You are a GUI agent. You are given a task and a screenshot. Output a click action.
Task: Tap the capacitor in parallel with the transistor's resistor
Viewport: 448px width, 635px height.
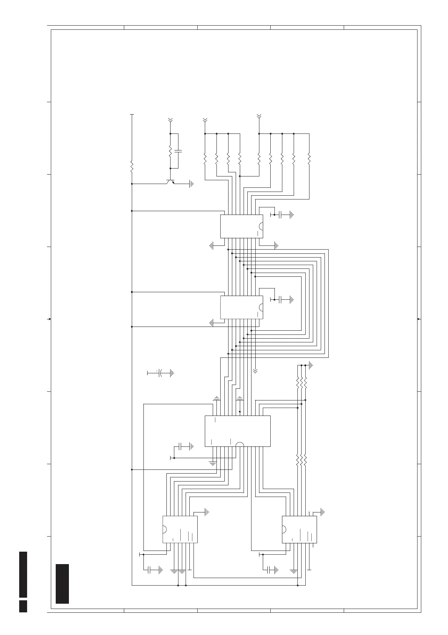pyautogui.click(x=178, y=151)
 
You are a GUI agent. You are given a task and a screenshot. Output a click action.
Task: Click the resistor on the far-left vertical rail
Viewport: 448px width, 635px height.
pyautogui.click(x=132, y=166)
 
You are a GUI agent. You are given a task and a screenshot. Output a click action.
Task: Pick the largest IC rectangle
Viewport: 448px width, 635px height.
pyautogui.click(x=237, y=431)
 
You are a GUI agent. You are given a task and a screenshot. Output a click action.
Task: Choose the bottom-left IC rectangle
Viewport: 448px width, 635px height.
pyautogui.click(x=180, y=529)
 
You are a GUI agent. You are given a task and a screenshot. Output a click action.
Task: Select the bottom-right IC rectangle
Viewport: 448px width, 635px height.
pyautogui.click(x=299, y=529)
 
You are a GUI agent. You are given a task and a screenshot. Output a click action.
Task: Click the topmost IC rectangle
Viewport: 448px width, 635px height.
pyautogui.click(x=241, y=226)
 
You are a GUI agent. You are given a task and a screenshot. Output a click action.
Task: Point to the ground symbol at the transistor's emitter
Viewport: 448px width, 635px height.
pyautogui.click(x=191, y=184)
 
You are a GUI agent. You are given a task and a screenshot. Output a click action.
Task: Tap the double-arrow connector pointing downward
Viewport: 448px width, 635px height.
pyautogui.click(x=255, y=371)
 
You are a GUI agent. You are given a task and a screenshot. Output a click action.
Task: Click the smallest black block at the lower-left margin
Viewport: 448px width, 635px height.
pyautogui.click(x=23, y=606)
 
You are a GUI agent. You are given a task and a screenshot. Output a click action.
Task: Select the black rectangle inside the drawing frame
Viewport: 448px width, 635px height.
pyautogui.click(x=62, y=583)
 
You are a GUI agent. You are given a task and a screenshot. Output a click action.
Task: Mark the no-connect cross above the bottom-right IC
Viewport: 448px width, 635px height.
pyautogui.click(x=309, y=512)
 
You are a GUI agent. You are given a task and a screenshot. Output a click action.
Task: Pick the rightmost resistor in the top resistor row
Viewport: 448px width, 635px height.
pyautogui.click(x=309, y=158)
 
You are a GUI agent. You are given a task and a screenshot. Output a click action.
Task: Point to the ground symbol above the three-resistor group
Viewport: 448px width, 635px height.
pyautogui.click(x=311, y=365)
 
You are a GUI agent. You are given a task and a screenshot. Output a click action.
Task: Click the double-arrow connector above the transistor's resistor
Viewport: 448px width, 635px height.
pyautogui.click(x=170, y=120)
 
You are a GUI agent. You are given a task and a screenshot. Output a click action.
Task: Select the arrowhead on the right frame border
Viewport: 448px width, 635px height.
pyautogui.click(x=419, y=319)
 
